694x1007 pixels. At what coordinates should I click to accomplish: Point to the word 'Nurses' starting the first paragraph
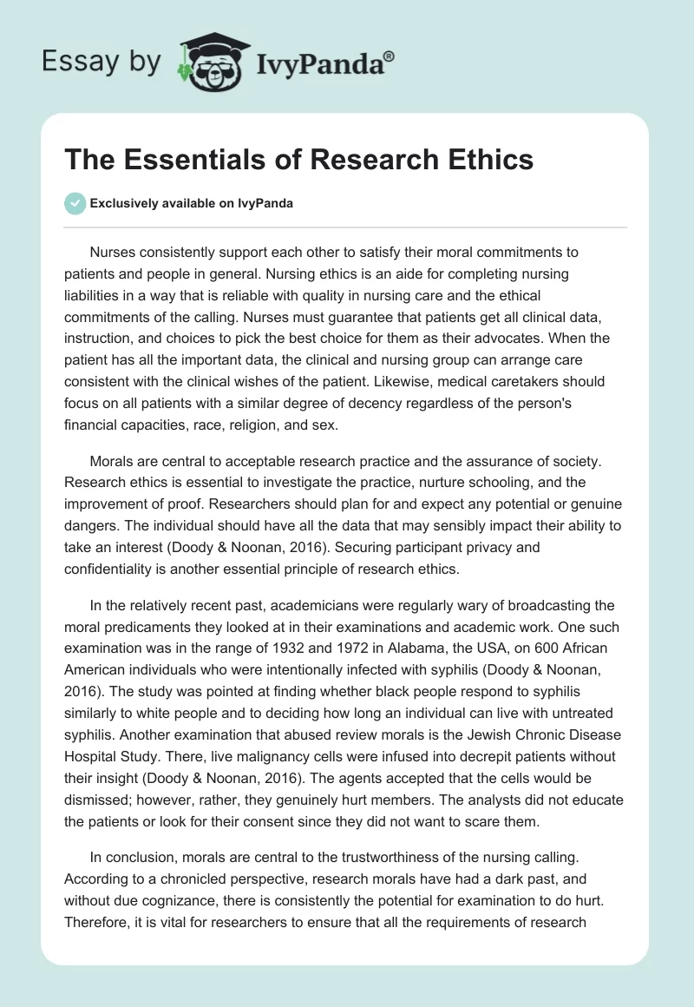113,253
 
